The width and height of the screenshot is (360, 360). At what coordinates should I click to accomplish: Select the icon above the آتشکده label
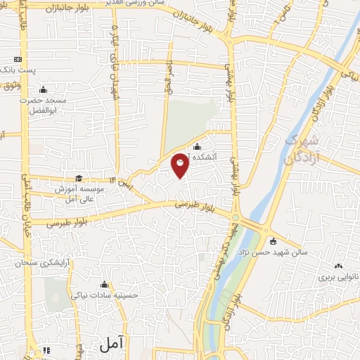196,147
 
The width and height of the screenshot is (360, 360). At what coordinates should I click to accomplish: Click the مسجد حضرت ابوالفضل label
41,105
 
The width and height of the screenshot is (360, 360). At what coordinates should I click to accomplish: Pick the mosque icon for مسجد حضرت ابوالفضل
43,89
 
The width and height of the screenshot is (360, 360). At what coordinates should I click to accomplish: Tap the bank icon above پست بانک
18,60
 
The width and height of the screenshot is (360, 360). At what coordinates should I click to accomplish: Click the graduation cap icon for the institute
79,179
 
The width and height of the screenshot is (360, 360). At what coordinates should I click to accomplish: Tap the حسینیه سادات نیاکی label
105,296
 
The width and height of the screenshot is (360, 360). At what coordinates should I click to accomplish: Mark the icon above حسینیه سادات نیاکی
105,285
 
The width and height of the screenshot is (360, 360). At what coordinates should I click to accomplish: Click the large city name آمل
111,345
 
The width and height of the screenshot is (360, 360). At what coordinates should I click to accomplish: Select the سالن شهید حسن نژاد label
274,252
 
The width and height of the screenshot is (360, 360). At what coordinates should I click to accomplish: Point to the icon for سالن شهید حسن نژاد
274,241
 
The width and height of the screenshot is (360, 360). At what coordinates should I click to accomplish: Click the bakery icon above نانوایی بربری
338,266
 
